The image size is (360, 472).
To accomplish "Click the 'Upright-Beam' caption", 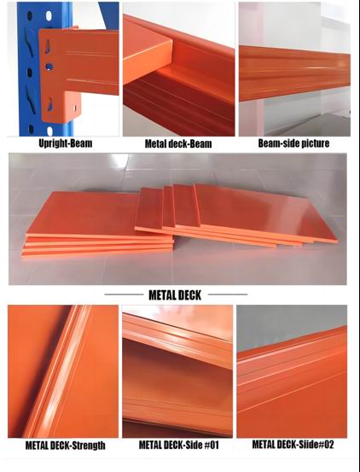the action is click(66, 143).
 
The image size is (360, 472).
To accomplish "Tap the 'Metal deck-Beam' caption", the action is click(178, 143).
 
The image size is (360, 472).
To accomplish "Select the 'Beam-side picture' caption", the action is click(293, 143).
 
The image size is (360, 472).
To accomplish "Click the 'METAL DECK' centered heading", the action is click(175, 295).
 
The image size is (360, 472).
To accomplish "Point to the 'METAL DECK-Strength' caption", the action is click(66, 446).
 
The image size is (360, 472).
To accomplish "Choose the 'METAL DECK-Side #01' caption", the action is click(178, 445).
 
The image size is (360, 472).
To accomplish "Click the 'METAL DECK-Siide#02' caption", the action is click(293, 445).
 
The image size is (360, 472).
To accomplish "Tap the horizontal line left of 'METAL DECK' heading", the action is click(124, 294).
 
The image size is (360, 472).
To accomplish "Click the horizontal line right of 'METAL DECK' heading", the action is click(228, 294).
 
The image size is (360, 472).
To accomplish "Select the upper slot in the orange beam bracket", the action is click(48, 46).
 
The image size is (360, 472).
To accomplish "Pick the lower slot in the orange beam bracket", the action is click(49, 104).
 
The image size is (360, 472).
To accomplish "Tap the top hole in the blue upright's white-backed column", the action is click(49, 15).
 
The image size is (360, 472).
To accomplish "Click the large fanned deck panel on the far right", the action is click(264, 213).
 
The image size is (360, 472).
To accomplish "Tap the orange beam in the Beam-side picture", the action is click(294, 73).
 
